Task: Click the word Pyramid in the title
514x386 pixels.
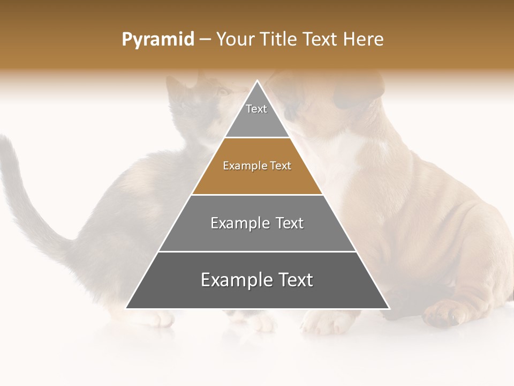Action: point(157,40)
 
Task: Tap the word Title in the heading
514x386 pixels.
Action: point(279,40)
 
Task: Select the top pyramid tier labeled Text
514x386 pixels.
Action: point(256,115)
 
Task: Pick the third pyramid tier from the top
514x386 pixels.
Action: point(257,223)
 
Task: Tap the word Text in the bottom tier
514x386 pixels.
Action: point(291,280)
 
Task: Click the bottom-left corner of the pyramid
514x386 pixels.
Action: point(127,308)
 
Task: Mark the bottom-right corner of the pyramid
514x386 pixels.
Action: point(388,308)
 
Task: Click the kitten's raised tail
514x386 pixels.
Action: point(21,188)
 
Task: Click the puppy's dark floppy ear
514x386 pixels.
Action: point(356,91)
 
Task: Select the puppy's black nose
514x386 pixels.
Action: point(289,112)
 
